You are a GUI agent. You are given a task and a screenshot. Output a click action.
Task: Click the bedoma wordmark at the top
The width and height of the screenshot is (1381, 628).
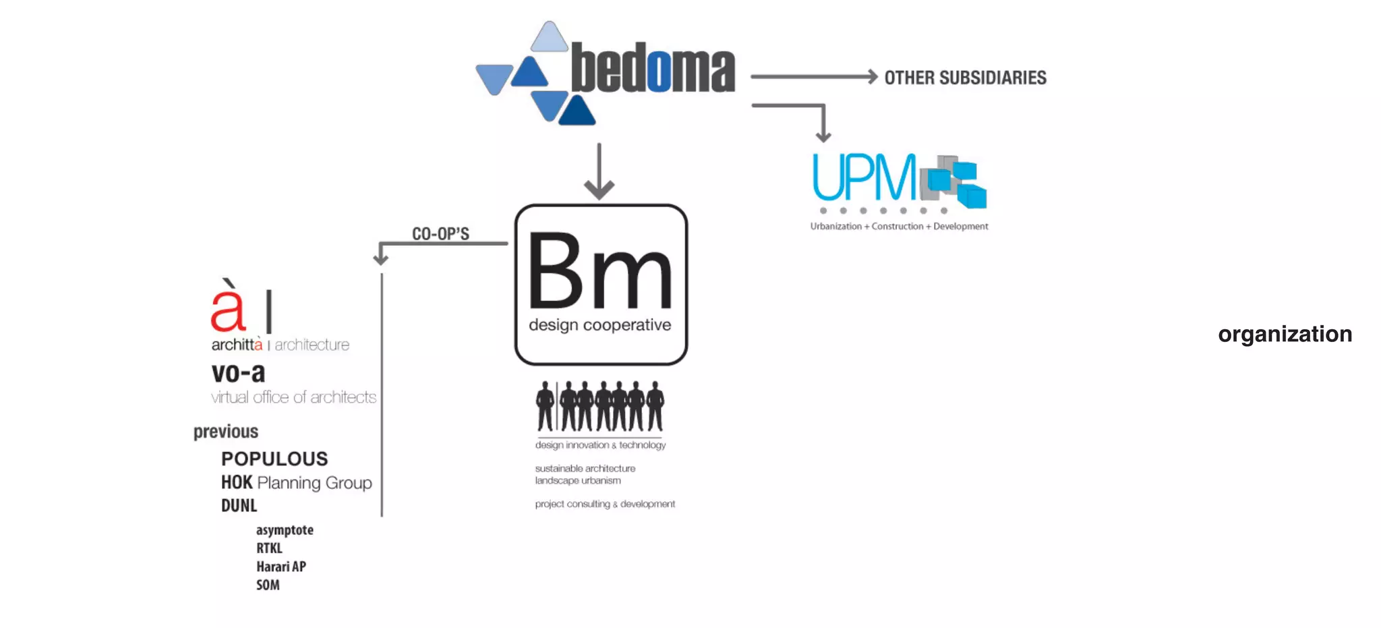coord(653,68)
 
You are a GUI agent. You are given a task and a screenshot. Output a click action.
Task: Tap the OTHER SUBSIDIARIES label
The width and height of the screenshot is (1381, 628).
coord(965,78)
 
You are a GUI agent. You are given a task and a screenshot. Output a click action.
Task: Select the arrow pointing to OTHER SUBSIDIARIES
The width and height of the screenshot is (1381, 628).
coord(814,77)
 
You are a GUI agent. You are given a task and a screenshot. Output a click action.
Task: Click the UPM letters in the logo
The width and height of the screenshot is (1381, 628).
coord(864,177)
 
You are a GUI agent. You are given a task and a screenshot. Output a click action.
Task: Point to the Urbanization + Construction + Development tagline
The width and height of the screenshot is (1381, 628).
coord(899,227)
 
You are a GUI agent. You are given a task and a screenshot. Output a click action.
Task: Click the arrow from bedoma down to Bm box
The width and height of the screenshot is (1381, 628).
coord(599,171)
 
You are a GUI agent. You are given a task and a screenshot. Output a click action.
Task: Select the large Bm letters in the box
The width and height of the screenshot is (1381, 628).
coord(599,272)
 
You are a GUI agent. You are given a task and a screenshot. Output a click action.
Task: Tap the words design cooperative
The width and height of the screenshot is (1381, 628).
coord(599,325)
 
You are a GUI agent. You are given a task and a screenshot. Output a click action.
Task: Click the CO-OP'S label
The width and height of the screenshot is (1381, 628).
coord(440,233)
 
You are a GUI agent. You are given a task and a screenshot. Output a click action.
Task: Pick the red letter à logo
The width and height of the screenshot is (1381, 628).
coord(228,307)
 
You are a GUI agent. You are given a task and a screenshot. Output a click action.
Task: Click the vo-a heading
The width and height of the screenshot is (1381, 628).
coord(238,373)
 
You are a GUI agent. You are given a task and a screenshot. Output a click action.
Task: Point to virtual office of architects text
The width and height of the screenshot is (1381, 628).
coord(293,397)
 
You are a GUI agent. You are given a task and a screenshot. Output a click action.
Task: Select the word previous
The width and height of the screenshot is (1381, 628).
coord(226,432)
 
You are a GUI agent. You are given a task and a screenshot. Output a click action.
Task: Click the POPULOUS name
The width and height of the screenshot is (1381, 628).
coord(274,459)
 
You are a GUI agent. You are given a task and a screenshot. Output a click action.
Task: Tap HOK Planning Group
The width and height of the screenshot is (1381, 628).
coord(297,483)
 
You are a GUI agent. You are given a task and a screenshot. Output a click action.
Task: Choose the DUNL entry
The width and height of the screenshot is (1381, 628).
coord(239,506)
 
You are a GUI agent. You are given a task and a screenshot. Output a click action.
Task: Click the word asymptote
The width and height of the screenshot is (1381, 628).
coord(285,530)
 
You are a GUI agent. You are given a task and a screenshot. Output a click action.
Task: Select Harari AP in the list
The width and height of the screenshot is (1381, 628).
coord(281,567)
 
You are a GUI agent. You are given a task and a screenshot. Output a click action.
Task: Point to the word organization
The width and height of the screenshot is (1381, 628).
coord(1285,335)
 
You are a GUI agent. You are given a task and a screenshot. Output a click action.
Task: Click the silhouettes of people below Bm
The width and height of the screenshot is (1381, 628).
coord(599,407)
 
